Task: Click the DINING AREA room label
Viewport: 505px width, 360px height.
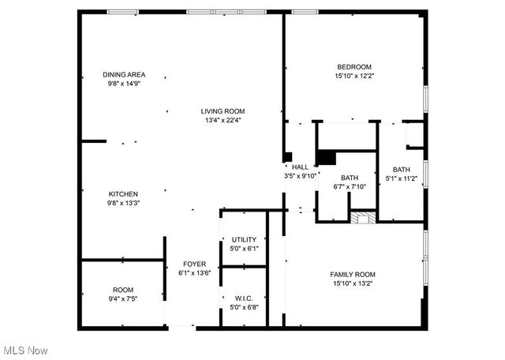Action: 124,75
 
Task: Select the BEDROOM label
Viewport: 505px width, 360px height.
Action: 353,67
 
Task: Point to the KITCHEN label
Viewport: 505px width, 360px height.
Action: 124,193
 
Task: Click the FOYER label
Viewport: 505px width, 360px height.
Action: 194,264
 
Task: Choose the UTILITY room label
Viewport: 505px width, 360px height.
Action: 243,239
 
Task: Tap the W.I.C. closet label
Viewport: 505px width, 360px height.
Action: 243,298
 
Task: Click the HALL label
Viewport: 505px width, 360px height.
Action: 300,167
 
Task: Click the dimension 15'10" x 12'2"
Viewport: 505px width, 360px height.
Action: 353,77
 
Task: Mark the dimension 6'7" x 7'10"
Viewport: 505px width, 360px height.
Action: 349,187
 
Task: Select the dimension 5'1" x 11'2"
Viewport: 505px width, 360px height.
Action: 402,179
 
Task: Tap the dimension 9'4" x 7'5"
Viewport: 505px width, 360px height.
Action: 124,299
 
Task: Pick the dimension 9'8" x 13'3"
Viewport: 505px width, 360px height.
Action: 124,203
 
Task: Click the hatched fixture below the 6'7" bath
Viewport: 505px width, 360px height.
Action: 362,219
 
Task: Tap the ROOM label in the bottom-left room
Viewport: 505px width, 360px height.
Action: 124,290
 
